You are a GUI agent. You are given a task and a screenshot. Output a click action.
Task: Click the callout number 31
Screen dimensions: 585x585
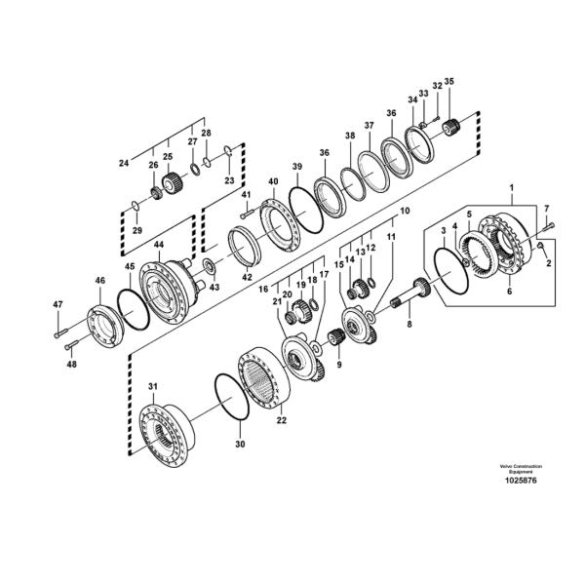coord(152,387)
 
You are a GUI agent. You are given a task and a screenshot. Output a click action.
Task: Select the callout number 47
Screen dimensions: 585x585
coord(58,306)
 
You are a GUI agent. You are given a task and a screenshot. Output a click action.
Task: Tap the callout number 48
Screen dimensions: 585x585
coord(71,366)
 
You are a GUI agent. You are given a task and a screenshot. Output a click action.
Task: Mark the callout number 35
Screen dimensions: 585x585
coord(448,81)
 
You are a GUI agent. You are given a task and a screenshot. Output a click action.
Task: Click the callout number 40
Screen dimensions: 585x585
coord(273,182)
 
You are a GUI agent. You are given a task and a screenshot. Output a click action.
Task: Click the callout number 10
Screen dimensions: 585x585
coord(405,211)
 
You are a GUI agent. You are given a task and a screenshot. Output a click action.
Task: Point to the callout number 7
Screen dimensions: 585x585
coord(547,208)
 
